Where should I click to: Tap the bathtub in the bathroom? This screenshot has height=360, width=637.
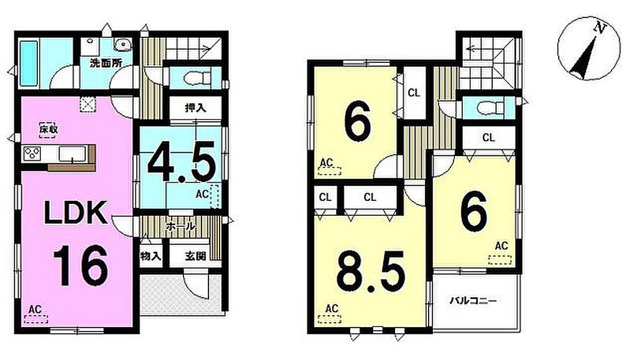29,63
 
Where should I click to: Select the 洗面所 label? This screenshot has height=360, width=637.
106,63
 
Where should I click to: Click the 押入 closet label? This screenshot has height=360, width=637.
196,108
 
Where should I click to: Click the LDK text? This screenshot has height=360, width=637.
75,212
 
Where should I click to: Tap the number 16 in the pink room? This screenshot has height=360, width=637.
81,265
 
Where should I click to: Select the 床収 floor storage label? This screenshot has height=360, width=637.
48,130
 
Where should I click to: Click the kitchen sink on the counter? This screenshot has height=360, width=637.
72,154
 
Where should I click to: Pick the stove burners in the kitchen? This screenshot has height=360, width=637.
32,154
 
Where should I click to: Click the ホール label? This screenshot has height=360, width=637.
181,226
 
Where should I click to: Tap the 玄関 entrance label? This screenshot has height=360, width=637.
195,257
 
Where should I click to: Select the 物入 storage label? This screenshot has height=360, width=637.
151,257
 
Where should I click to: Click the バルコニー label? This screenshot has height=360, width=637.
473,301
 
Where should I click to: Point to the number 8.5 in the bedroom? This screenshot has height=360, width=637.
371,272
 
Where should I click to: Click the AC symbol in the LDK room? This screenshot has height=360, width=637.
35,314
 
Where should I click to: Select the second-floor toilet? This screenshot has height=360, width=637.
491,108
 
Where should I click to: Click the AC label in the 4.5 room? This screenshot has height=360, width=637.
202,195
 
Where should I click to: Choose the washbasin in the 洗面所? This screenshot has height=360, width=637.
123,45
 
